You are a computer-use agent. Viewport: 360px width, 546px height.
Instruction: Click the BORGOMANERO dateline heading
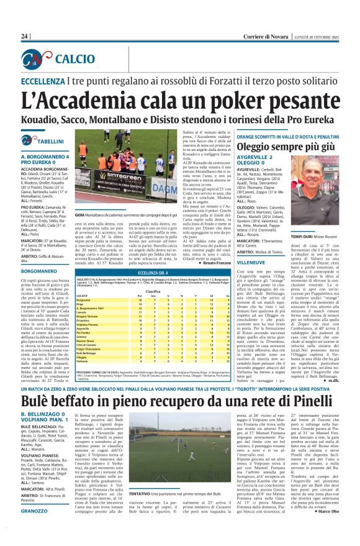click(x=44, y=271)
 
